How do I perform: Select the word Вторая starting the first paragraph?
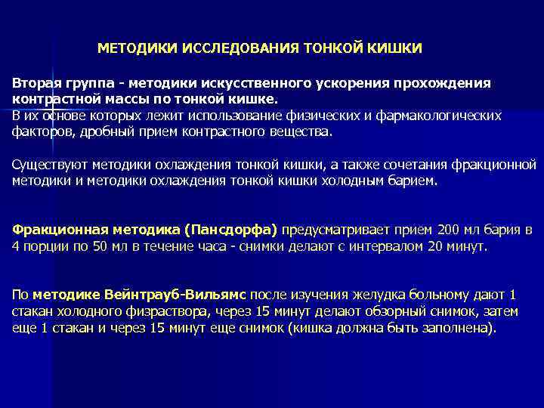pos(33,82)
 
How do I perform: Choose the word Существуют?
pos(47,165)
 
